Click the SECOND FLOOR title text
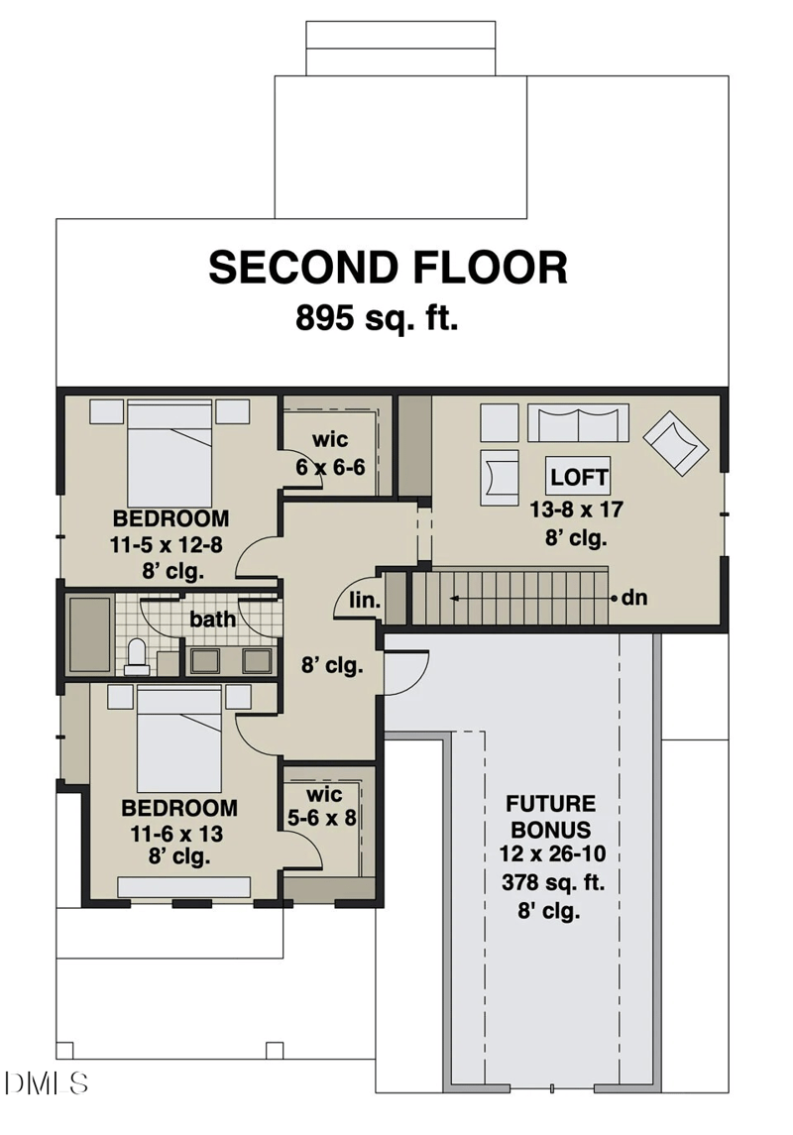click(x=388, y=268)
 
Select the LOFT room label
click(x=579, y=477)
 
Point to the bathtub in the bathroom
click(x=89, y=634)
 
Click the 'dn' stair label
click(x=634, y=598)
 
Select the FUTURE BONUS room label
click(x=550, y=816)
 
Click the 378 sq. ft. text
click(x=550, y=881)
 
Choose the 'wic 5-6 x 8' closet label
click(x=324, y=807)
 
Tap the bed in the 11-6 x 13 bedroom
click(x=178, y=738)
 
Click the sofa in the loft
click(x=577, y=422)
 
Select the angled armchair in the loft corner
click(x=676, y=442)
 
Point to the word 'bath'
click(x=213, y=620)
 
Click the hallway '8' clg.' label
click(x=332, y=665)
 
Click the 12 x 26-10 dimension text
click(x=550, y=853)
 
